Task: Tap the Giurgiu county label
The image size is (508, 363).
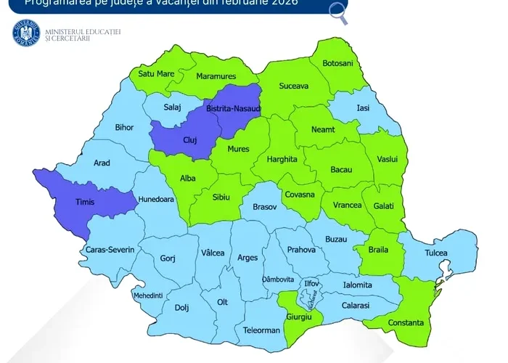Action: click(x=299, y=318)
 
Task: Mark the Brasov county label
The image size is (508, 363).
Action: click(x=265, y=207)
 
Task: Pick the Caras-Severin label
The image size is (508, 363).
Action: click(x=110, y=249)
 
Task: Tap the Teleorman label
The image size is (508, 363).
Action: click(x=262, y=330)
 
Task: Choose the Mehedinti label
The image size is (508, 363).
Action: click(x=148, y=295)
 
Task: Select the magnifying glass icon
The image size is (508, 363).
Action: click(x=337, y=9)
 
